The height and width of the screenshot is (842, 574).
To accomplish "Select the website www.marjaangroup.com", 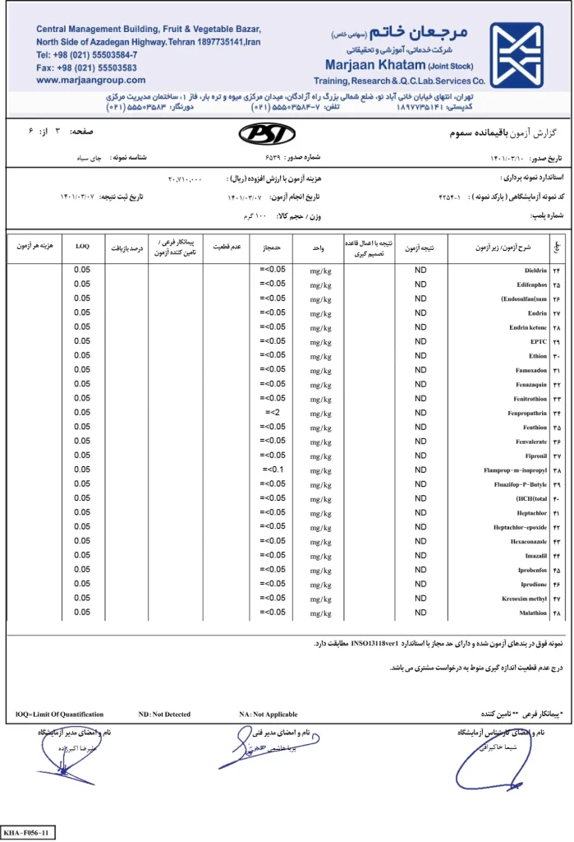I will (x=90, y=80).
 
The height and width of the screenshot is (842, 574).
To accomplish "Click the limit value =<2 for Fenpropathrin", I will (x=273, y=412).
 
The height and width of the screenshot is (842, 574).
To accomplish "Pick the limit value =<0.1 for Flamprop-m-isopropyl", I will (x=273, y=470).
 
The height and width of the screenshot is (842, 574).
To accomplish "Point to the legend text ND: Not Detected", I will (x=164, y=714).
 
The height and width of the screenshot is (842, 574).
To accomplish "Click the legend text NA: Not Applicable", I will (x=268, y=714).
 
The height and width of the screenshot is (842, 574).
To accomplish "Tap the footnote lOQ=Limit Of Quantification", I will (x=60, y=714).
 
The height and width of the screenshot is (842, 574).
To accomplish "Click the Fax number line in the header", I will (x=86, y=67).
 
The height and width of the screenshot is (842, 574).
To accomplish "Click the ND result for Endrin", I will (x=420, y=312).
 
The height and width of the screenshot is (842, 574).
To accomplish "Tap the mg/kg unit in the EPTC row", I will (x=321, y=341).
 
